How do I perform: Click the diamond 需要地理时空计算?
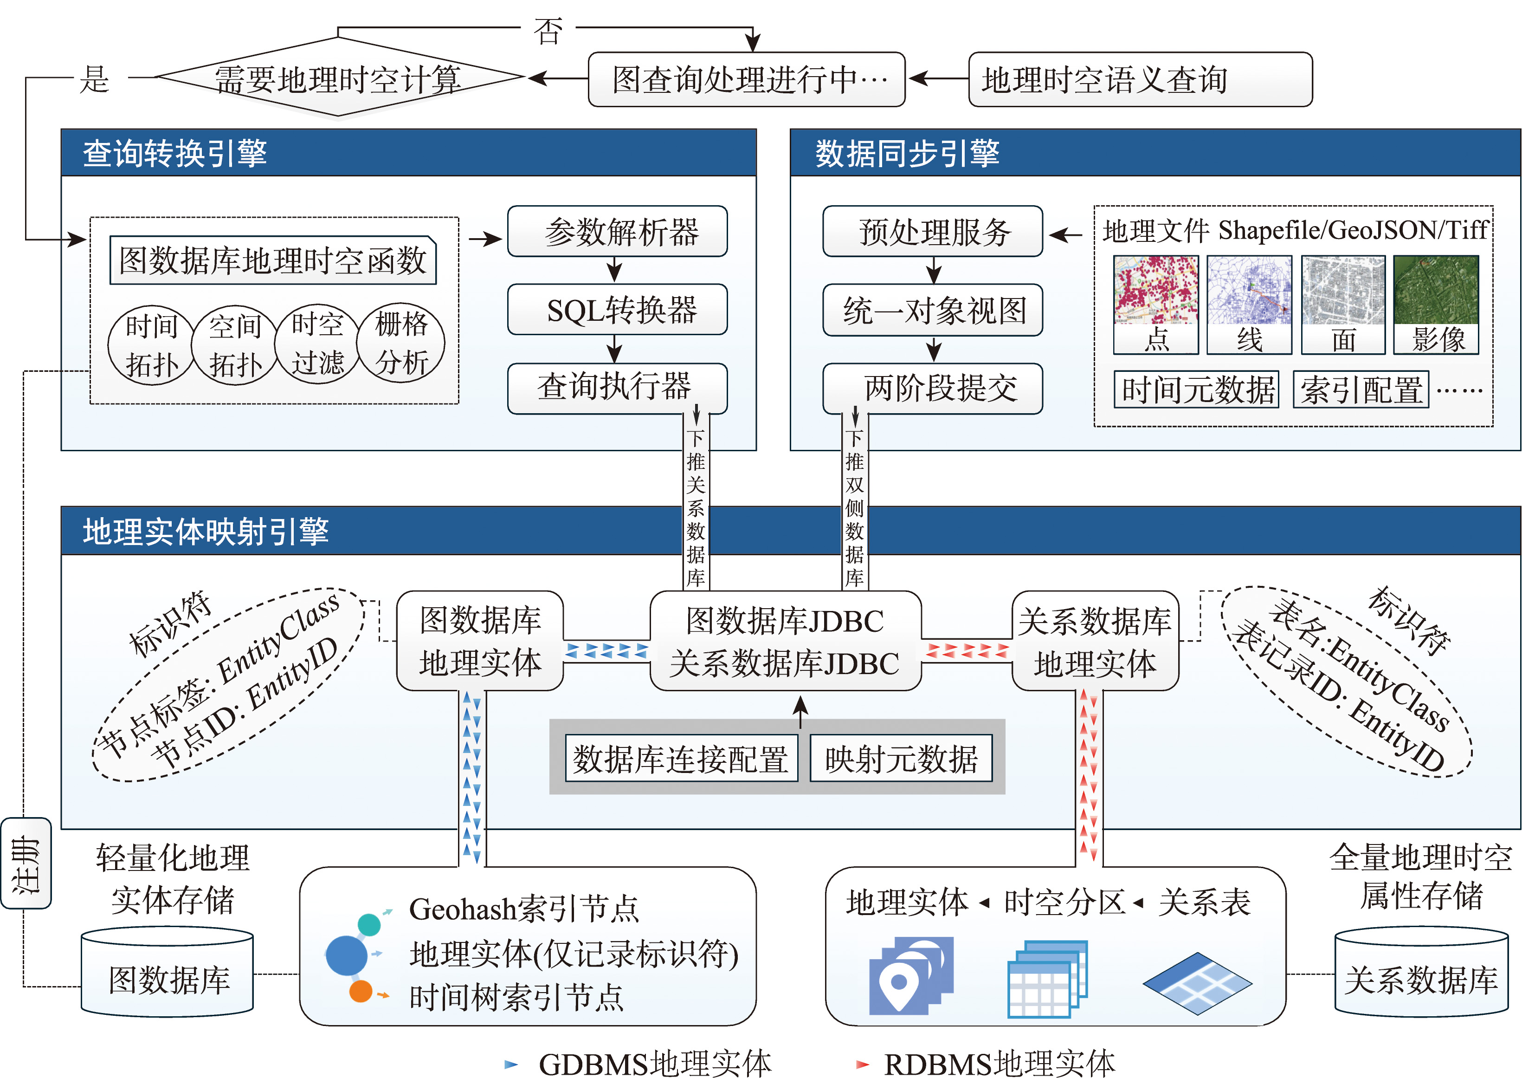338,78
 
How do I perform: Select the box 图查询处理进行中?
746,79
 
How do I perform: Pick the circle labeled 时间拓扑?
151,345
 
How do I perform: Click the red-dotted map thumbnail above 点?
1155,290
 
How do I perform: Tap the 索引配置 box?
1361,389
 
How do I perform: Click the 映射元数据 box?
901,758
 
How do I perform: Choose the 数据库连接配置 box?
681,758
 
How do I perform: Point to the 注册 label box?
26,863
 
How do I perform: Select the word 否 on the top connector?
548,31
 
